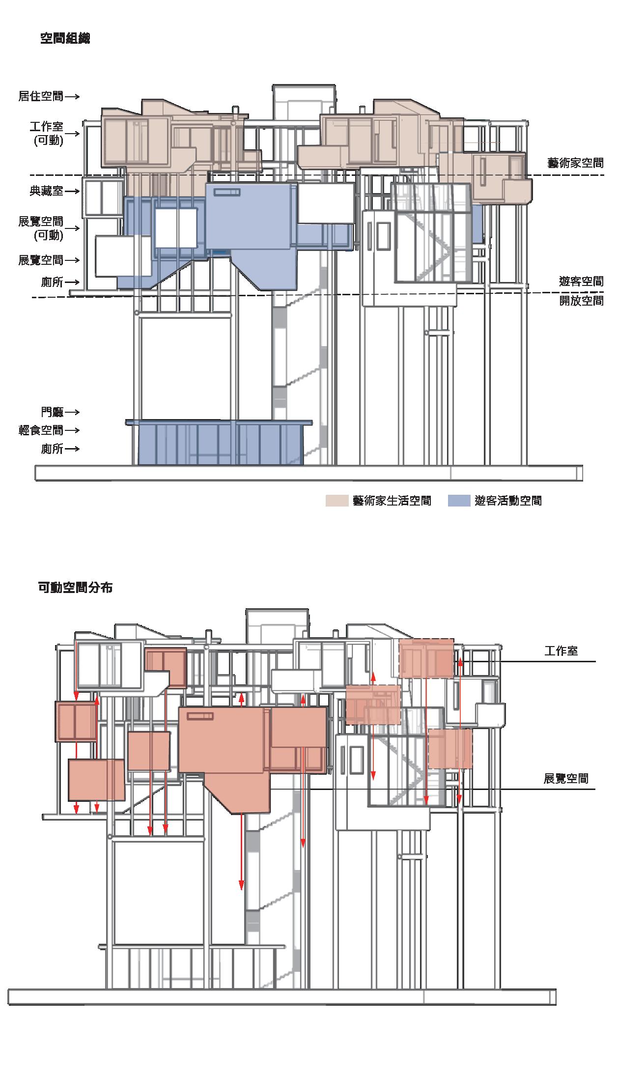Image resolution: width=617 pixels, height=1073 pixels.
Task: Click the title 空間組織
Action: pos(65,39)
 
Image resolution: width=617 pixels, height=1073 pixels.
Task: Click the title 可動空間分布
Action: pos(75,588)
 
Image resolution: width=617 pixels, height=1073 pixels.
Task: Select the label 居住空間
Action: pos(41,96)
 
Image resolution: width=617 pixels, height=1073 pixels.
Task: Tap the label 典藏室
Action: pos(47,191)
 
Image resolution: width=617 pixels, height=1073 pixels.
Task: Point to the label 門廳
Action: pos(53,412)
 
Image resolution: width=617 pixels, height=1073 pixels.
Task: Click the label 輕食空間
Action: pos(41,430)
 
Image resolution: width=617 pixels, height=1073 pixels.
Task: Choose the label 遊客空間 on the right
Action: pos(581,282)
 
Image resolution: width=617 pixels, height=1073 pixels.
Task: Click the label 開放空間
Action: pos(581,301)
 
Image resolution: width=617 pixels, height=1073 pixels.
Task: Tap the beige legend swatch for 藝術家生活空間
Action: pos(337,501)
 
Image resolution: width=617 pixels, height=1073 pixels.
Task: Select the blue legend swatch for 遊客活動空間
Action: pos(459,501)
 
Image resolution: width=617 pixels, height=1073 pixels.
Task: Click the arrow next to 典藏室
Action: pos(72,191)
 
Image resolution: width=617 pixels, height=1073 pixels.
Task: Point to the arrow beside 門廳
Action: pos(72,412)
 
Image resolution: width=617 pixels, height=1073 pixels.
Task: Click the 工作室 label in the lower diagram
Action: pos(561,651)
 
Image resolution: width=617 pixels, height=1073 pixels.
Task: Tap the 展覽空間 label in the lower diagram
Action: pos(566,778)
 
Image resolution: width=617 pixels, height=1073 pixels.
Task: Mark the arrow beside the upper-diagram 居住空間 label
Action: pos(72,96)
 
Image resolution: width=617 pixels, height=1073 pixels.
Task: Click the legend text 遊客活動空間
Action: pos(508,501)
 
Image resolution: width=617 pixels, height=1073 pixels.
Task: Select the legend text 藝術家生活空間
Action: pos(392,501)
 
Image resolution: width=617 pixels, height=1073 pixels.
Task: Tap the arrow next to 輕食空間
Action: pos(72,430)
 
